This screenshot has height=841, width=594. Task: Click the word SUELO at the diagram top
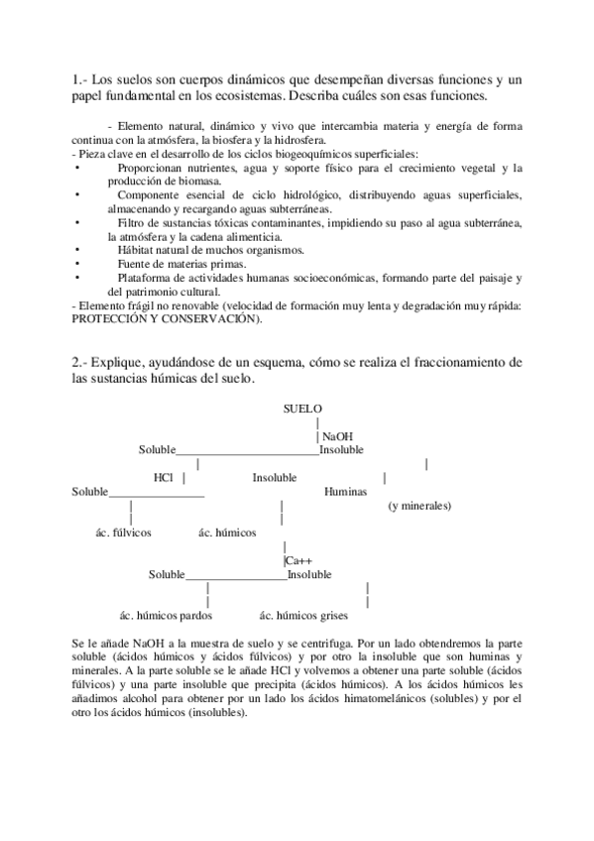click(x=301, y=409)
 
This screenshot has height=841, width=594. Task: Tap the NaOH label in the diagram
click(x=337, y=436)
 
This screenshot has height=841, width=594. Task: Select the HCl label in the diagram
click(x=164, y=478)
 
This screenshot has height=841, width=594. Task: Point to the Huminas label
click(x=345, y=492)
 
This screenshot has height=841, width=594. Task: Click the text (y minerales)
click(x=419, y=506)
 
